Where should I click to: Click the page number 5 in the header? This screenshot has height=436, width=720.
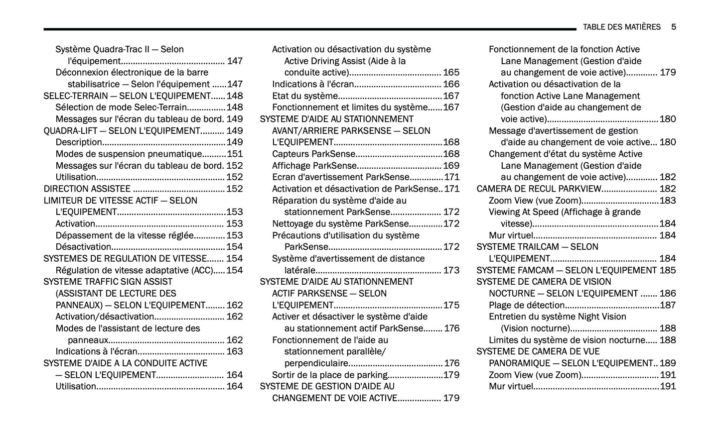(673, 27)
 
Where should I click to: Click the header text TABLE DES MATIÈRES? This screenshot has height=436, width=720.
(621, 27)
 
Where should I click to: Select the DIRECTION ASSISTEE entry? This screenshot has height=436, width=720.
(87, 189)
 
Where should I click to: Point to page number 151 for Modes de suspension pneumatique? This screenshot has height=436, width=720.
(235, 154)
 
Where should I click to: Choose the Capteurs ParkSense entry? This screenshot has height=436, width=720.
(313, 154)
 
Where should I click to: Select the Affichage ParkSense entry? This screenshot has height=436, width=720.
(314, 166)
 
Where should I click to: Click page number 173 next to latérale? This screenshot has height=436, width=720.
(451, 270)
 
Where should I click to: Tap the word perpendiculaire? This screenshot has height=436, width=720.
(316, 363)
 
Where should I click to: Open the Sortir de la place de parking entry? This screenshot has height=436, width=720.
(330, 375)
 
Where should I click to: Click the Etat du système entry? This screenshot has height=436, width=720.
(304, 96)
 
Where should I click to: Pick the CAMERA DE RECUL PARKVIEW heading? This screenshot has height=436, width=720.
(539, 189)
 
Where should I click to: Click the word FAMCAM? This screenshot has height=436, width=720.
(532, 270)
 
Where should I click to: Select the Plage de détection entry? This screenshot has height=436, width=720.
(527, 305)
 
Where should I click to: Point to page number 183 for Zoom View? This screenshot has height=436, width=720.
(668, 201)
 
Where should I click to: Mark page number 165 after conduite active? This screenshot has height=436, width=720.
(451, 73)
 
